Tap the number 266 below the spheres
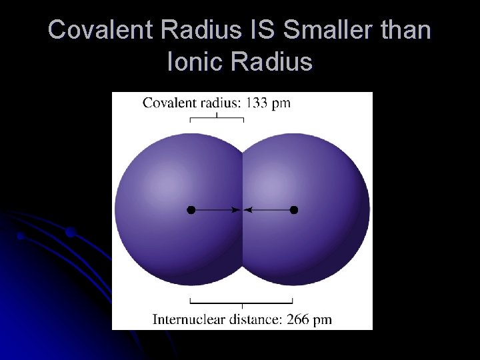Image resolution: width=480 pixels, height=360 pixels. pos(298,319)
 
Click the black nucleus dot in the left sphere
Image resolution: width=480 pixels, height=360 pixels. pos(191,209)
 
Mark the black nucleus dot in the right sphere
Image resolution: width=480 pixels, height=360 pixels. pos(294,209)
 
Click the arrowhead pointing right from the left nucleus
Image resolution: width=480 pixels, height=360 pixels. pos(236,209)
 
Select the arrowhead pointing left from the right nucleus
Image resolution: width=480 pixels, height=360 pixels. pos(248,209)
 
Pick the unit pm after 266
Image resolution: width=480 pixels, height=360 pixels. pos(323,319)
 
